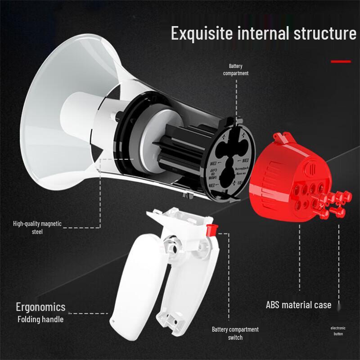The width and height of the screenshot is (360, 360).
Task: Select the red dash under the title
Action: click(x=341, y=61)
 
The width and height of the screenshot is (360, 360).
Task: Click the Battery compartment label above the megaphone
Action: click(x=235, y=70)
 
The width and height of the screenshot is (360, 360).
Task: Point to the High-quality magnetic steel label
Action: click(x=37, y=228)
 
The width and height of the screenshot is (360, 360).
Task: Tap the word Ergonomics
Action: click(x=40, y=307)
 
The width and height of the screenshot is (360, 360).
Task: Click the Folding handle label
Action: click(x=40, y=319)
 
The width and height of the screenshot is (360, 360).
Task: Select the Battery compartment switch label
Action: click(x=235, y=333)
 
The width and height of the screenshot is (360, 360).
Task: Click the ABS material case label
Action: click(x=298, y=305)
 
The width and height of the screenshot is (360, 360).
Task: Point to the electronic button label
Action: click(x=338, y=331)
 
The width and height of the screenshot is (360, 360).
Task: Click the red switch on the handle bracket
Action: click(x=210, y=229)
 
